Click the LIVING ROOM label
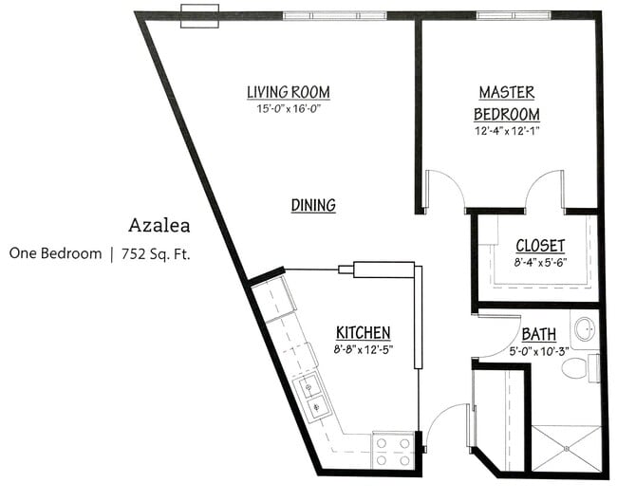[x=288, y=92]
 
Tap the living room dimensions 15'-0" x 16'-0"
[x=288, y=109]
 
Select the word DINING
[x=313, y=205]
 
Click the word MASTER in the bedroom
[x=506, y=93]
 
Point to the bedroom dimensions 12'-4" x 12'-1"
[x=507, y=132]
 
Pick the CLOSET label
[x=540, y=246]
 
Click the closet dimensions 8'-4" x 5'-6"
[x=540, y=263]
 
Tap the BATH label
[x=539, y=334]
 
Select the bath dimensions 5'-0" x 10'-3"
[x=539, y=351]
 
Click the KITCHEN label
[x=363, y=332]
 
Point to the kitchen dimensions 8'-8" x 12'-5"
[x=363, y=349]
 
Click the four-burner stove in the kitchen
[x=390, y=449]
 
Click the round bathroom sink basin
[x=584, y=327]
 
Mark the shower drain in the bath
[x=567, y=446]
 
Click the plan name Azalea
[x=159, y=226]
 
